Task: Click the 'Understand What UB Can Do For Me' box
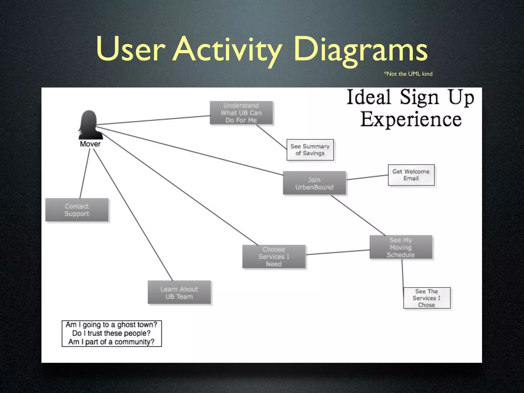point(241,113)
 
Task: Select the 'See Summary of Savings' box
point(310,150)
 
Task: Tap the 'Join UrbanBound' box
point(314,183)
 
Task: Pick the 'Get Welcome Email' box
point(411,175)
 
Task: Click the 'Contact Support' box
point(77,210)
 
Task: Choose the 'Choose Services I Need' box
point(274,257)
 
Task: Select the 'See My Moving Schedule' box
point(401,247)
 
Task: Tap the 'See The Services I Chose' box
point(427,298)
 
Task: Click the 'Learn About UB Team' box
point(179,293)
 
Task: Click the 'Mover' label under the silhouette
point(90,144)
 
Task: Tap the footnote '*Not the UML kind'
point(408,74)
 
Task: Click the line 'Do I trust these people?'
point(111,333)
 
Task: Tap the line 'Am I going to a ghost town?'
point(111,325)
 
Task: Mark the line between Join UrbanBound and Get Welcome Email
point(367,177)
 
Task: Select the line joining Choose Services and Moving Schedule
point(338,252)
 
